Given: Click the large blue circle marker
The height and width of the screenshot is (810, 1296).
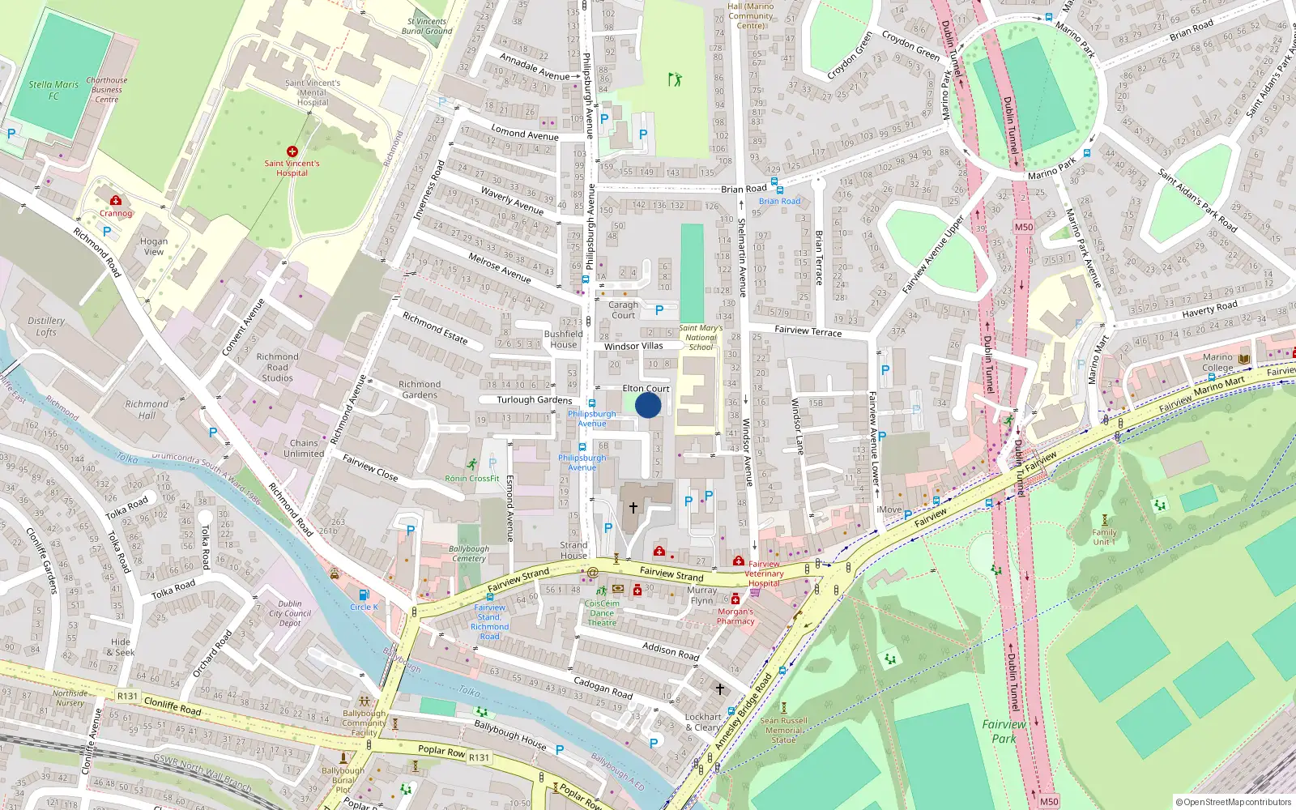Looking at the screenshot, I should pyautogui.click(x=648, y=405).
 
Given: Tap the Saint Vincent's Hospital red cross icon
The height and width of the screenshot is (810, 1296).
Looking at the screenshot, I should pyautogui.click(x=292, y=151).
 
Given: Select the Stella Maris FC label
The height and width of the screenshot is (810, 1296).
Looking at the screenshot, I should pyautogui.click(x=53, y=90).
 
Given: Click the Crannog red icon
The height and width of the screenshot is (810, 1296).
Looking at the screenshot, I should pyautogui.click(x=116, y=200).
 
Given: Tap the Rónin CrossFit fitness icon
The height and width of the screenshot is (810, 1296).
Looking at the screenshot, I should pyautogui.click(x=472, y=464).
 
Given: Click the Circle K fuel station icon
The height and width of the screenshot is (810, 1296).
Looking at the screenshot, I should pyautogui.click(x=364, y=595).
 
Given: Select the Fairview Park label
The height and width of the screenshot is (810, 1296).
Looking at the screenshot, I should pyautogui.click(x=1004, y=731).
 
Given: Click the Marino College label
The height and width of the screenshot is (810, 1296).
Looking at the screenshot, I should pyautogui.click(x=1217, y=362).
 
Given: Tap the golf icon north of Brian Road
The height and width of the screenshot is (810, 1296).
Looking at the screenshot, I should pyautogui.click(x=675, y=79).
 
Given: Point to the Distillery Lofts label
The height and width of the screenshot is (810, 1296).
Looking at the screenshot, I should pyautogui.click(x=46, y=326).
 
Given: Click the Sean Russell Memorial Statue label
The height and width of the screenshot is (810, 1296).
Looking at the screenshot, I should pyautogui.click(x=783, y=730).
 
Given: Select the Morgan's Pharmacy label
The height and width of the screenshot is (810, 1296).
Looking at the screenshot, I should pyautogui.click(x=735, y=616).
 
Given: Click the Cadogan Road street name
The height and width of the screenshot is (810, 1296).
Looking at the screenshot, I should pyautogui.click(x=603, y=688).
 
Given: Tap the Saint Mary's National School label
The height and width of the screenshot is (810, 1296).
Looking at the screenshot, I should pyautogui.click(x=701, y=338).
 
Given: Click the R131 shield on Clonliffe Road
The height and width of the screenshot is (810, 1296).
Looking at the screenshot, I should pyautogui.click(x=127, y=696).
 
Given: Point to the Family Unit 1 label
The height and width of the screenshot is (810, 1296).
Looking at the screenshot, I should pyautogui.click(x=1104, y=537).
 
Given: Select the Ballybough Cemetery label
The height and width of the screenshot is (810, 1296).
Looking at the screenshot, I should pyautogui.click(x=469, y=553).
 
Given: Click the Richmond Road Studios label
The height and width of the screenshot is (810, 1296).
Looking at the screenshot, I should pyautogui.click(x=277, y=367).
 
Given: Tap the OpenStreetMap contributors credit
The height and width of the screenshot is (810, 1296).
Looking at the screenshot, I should pyautogui.click(x=1234, y=802).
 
